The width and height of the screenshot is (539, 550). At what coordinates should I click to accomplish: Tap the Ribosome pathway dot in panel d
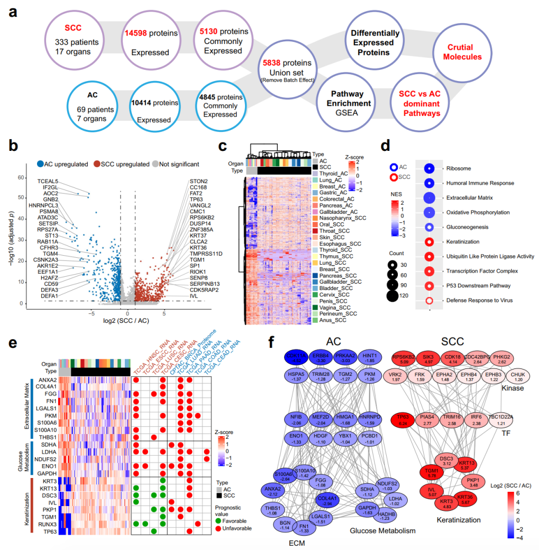coord(430,168)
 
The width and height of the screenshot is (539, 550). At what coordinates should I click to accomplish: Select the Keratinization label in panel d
coord(464,242)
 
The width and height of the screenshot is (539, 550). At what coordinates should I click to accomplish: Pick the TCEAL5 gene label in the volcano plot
coord(48,182)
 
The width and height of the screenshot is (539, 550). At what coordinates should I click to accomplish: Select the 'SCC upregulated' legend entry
coord(122,164)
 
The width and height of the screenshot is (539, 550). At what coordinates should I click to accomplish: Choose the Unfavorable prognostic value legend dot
coord(218,528)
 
